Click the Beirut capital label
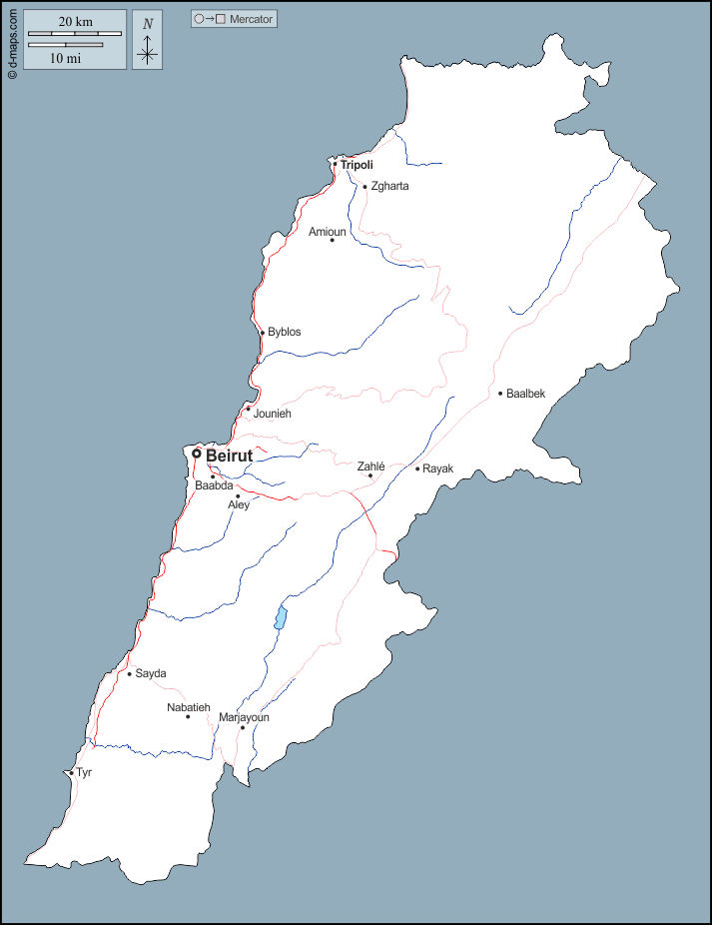(229, 456)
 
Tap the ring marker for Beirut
(197, 454)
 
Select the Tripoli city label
(356, 165)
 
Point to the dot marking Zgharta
(365, 187)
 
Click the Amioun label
(327, 232)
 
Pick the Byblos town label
(284, 332)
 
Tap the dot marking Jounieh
(249, 409)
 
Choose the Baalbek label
(526, 394)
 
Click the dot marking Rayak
(417, 468)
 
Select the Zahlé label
(371, 465)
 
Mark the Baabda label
(214, 485)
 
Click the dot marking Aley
(238, 496)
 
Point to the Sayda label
(151, 673)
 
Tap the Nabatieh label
(189, 707)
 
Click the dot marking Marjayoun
(243, 728)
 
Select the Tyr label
(84, 772)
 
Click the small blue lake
(282, 618)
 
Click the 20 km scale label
(75, 21)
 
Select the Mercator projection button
(234, 19)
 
